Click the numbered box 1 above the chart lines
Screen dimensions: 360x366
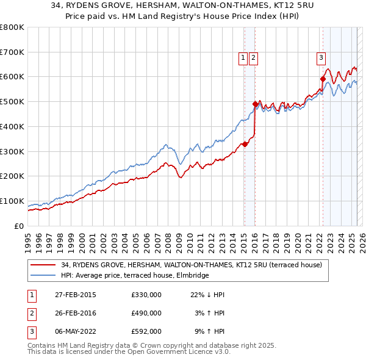(243, 58)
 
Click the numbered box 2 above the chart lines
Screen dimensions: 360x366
(253, 58)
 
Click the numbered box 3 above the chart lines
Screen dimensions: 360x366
(321, 58)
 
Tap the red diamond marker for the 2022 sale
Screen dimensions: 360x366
(323, 79)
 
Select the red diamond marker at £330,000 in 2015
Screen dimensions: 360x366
(245, 144)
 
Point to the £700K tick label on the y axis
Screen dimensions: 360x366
(12, 52)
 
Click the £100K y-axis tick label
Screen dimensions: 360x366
(12, 201)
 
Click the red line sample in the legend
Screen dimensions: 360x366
(43, 265)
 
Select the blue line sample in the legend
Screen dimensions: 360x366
(43, 276)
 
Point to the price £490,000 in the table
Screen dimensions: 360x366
(146, 313)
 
